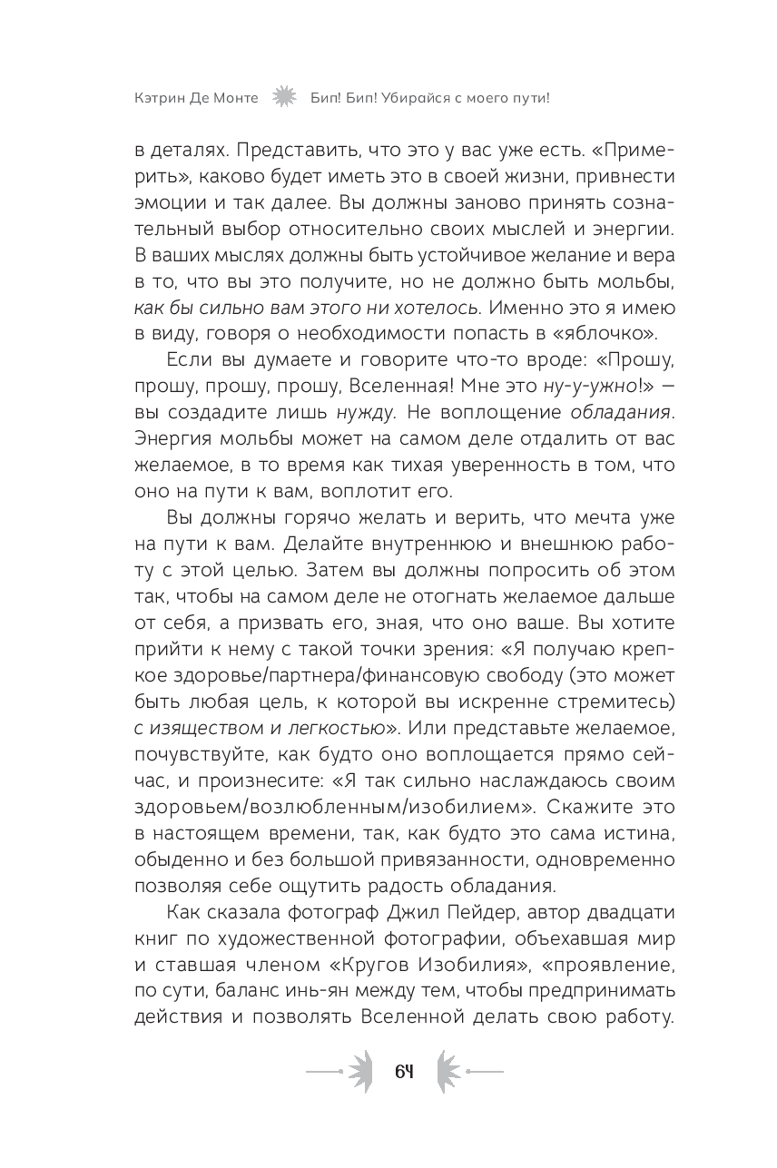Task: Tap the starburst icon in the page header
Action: [x=284, y=97]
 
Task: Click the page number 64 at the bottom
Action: [x=405, y=1071]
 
